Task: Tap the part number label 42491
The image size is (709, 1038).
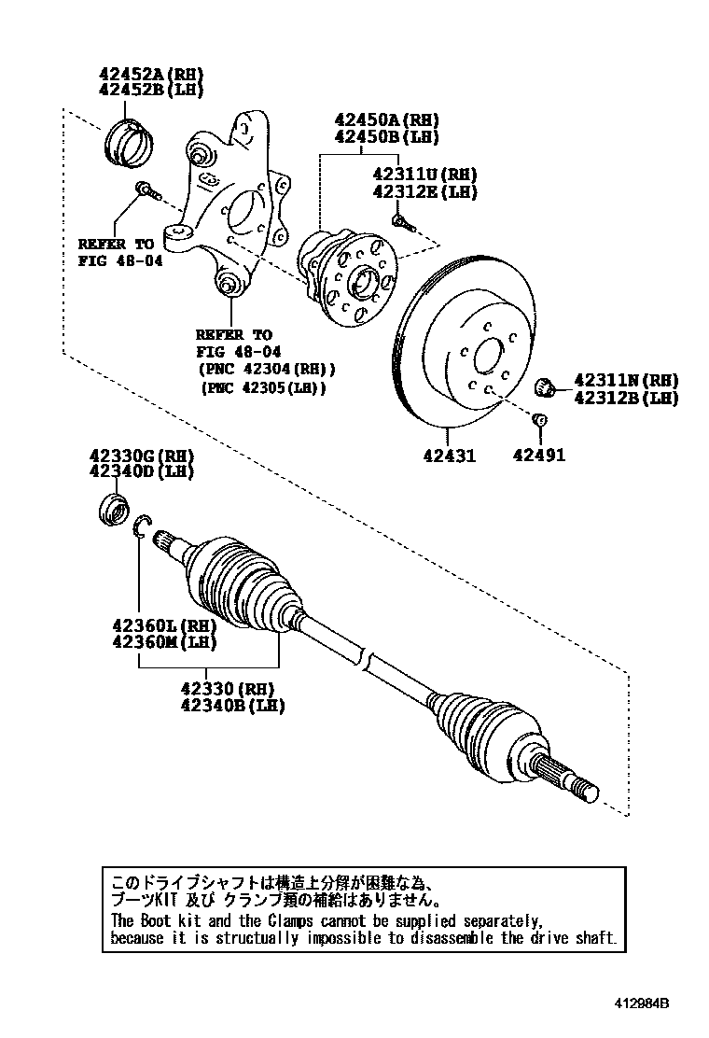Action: [x=538, y=456]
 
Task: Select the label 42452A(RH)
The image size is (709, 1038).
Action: [x=151, y=75]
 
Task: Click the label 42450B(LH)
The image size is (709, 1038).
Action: [x=387, y=137]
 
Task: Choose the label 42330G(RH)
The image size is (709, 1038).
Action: [x=141, y=456]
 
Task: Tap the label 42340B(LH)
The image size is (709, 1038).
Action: [x=232, y=705]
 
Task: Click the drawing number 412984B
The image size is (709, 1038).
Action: [x=641, y=1004]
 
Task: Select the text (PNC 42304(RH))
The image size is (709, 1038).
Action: [x=265, y=369]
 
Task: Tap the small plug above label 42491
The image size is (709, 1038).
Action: [x=538, y=421]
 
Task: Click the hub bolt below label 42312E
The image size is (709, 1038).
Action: [x=401, y=222]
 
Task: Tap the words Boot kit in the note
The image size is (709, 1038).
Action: [x=170, y=920]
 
